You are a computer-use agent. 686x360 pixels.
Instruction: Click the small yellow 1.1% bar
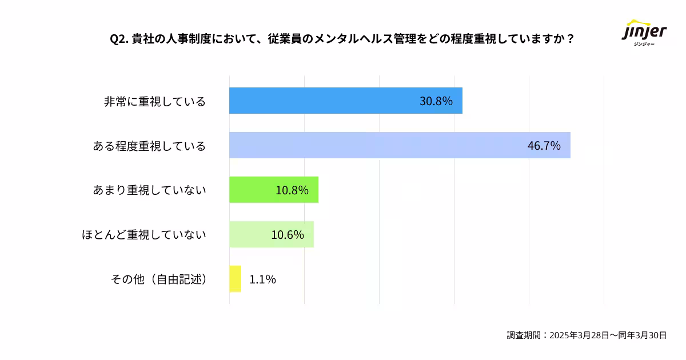pyautogui.click(x=235, y=279)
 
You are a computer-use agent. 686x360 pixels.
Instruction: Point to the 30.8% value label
pyautogui.click(x=436, y=101)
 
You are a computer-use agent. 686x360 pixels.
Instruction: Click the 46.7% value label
pyautogui.click(x=544, y=146)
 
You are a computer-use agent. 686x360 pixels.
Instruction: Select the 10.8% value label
pyautogui.click(x=292, y=190)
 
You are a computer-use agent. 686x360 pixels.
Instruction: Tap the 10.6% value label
pyautogui.click(x=288, y=235)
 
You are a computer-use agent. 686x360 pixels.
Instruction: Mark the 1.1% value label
pyautogui.click(x=263, y=279)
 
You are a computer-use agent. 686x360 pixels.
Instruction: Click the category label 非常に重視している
pyautogui.click(x=154, y=102)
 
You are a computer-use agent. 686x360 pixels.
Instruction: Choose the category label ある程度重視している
pyautogui.click(x=149, y=146)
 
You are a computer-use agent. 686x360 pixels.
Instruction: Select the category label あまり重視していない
pyautogui.click(x=149, y=190)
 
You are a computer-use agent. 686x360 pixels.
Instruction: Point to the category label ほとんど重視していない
pyautogui.click(x=144, y=235)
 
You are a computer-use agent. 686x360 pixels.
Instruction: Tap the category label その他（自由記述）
pyautogui.click(x=158, y=279)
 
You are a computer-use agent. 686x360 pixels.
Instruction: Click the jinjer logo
pyautogui.click(x=644, y=33)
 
